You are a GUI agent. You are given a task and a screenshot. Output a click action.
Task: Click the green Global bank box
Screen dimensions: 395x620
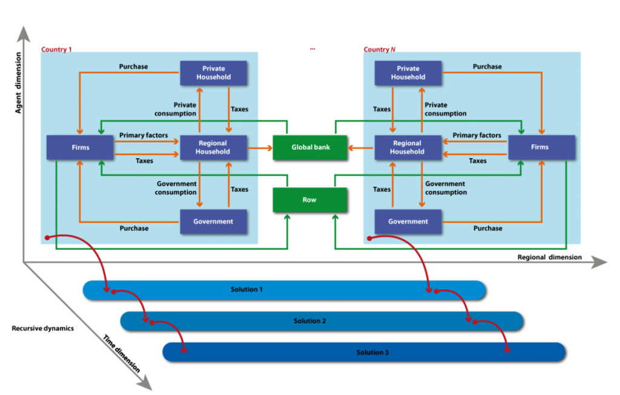309,147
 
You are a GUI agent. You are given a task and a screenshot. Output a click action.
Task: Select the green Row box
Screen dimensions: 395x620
309,199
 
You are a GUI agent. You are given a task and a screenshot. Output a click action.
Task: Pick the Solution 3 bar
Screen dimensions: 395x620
363,352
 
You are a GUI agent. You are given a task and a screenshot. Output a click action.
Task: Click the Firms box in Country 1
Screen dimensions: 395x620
80,147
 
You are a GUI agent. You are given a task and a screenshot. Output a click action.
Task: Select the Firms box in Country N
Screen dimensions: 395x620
541,147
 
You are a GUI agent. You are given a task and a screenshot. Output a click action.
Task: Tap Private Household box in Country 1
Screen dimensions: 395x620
213,73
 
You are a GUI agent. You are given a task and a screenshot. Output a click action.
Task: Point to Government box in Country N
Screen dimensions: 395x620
407,222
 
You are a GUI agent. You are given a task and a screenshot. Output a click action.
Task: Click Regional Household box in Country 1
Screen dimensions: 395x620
213,147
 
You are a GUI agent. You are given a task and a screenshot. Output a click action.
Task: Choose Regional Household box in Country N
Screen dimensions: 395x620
407,147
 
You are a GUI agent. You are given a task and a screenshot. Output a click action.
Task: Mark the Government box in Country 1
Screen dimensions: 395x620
213,222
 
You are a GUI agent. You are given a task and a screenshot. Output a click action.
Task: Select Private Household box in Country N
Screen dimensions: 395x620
407,73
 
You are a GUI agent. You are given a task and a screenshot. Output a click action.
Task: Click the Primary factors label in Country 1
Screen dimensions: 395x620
143,135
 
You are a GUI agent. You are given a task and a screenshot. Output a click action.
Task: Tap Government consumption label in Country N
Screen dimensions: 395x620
446,188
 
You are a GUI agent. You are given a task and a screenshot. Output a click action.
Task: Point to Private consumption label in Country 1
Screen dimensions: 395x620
176,109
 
